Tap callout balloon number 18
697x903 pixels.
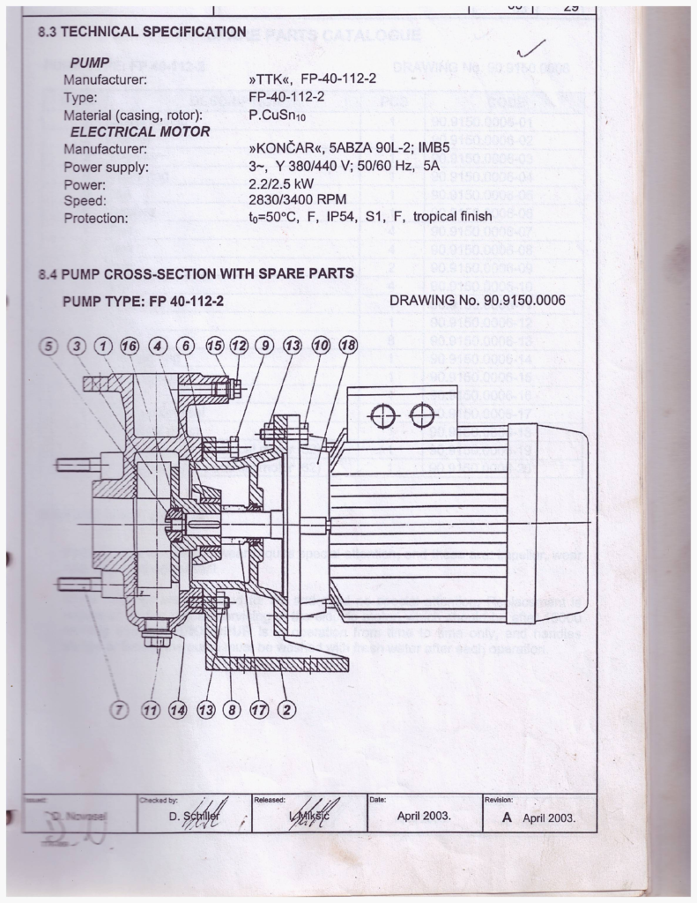(x=348, y=345)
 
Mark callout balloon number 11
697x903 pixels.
(x=152, y=707)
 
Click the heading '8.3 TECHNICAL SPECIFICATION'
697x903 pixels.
(x=142, y=32)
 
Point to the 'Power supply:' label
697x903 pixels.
(x=106, y=167)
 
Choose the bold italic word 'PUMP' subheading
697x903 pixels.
(x=89, y=64)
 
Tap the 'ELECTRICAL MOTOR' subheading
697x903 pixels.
(x=140, y=132)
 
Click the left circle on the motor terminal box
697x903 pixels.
(x=382, y=414)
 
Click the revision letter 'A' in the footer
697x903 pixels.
(x=507, y=817)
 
